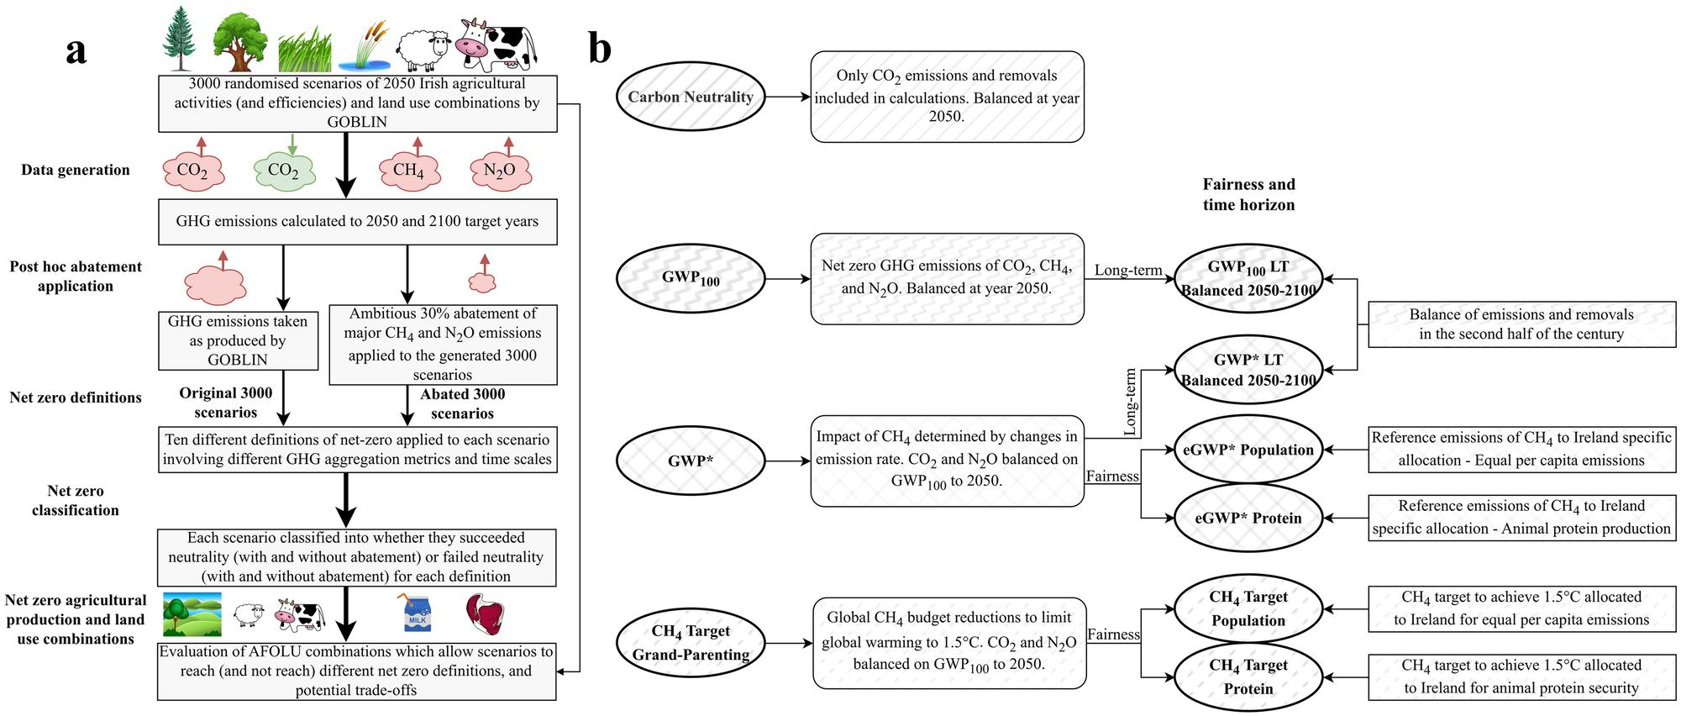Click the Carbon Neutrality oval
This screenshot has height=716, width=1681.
[x=691, y=97]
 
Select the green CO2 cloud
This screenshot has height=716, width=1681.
[x=284, y=171]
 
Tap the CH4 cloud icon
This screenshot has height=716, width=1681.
[x=409, y=171]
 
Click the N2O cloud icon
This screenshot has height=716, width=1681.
[x=501, y=171]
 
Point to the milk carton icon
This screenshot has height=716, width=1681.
[x=418, y=613]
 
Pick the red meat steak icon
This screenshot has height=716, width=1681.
[x=485, y=613]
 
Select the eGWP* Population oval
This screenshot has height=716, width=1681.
[x=1248, y=450]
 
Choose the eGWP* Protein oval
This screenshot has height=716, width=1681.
[x=1248, y=518]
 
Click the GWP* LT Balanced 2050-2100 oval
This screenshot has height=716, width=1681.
[x=1248, y=370]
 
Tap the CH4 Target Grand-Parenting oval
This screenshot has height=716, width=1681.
[x=691, y=643]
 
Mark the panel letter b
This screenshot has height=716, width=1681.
[x=600, y=49]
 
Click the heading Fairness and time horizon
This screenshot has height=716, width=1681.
[x=1248, y=194]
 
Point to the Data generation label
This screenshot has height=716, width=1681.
[x=76, y=170]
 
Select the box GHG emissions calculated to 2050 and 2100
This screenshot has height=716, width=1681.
[x=357, y=222]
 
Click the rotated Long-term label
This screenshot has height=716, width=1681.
[x=1130, y=402]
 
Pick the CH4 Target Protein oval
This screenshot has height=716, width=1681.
[x=1248, y=677]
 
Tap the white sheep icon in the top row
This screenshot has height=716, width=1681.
[x=423, y=50]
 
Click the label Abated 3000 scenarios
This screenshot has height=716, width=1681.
[x=462, y=403]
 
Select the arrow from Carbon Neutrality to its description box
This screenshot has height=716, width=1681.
[x=787, y=97]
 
